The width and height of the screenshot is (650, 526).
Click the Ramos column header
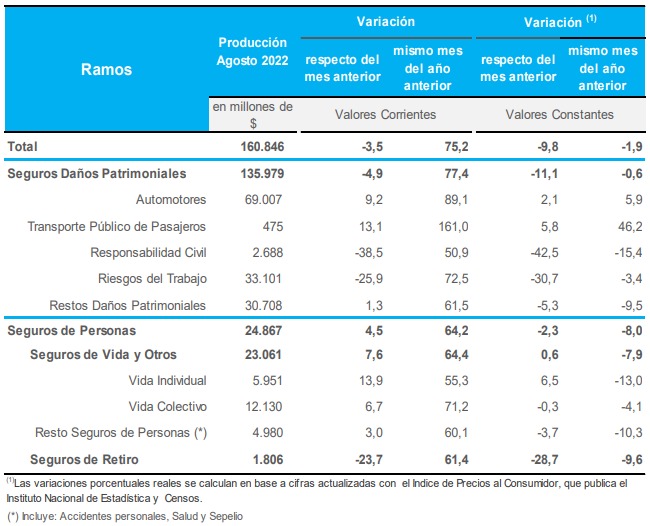pos(107,70)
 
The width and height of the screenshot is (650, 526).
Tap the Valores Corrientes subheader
pos(386,115)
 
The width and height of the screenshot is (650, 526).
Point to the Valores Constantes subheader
pos(559,115)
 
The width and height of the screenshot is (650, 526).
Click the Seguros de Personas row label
pos(71,329)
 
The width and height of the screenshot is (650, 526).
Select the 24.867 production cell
pos(267,329)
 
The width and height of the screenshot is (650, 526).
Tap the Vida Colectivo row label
pos(168,407)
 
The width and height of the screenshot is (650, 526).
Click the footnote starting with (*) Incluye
pos(115,517)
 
